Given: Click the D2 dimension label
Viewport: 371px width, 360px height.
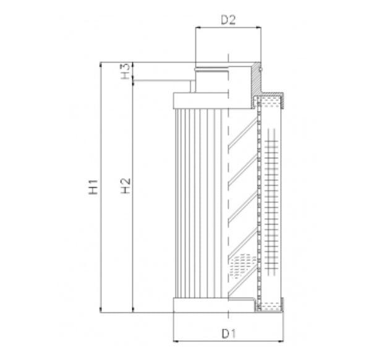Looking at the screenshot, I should tap(228, 19).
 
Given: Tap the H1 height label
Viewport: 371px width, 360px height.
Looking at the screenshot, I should tap(92, 186).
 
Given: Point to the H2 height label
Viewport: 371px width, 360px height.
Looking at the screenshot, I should tap(125, 186).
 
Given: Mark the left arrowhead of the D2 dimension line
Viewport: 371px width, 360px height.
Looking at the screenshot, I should tap(198, 28).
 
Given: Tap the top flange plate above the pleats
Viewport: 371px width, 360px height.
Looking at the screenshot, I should tap(201, 99).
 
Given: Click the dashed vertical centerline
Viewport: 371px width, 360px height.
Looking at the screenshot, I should tap(228, 198).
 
